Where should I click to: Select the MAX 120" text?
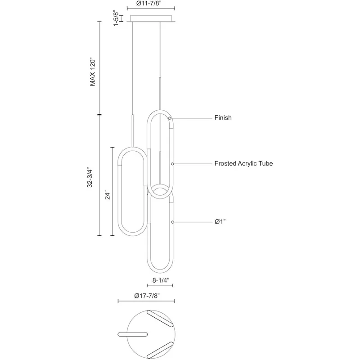tap(93, 72)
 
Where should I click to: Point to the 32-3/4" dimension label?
tap(90, 178)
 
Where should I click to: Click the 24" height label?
tap(108, 195)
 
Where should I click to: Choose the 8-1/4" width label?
tap(161, 280)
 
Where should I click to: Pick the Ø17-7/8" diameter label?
tap(147, 296)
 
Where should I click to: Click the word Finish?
tap(223, 117)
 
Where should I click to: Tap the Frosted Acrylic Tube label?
tap(243, 163)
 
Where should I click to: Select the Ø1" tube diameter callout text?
tap(220, 221)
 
